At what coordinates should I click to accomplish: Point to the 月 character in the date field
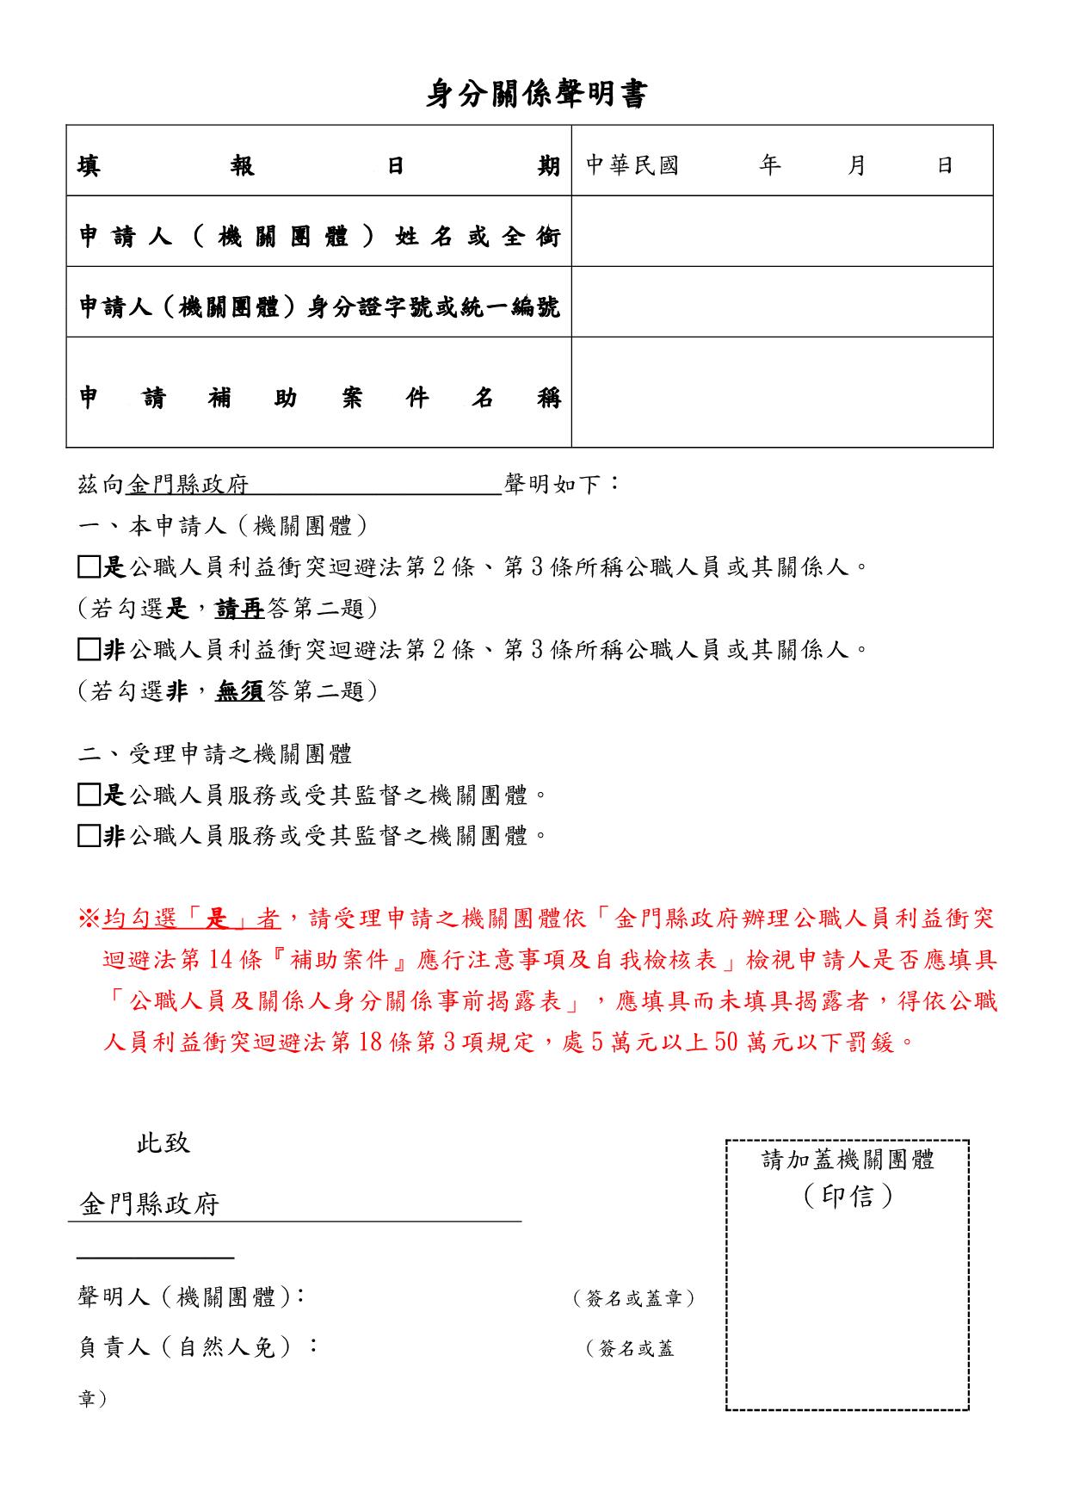pyautogui.click(x=855, y=164)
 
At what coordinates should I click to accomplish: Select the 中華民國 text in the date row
pyautogui.click(x=632, y=164)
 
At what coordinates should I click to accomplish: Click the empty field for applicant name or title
pyautogui.click(x=781, y=232)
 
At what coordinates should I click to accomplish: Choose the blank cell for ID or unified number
pyautogui.click(x=781, y=302)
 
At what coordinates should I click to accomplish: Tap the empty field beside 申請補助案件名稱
pyautogui.click(x=781, y=393)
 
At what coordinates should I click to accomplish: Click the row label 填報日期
pyautogui.click(x=318, y=164)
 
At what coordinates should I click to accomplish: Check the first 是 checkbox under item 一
pyautogui.click(x=89, y=567)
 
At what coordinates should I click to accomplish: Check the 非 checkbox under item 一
pyautogui.click(x=89, y=649)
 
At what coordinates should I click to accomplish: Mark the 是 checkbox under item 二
pyautogui.click(x=89, y=795)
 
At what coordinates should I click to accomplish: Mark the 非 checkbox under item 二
pyautogui.click(x=89, y=836)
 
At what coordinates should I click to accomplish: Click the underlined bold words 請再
pyautogui.click(x=240, y=609)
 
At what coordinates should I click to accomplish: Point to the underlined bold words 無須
pyautogui.click(x=240, y=690)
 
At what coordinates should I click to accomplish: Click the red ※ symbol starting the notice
pyautogui.click(x=89, y=919)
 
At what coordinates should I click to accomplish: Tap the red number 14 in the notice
pyautogui.click(x=216, y=960)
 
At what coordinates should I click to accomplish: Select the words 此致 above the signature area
pyautogui.click(x=163, y=1143)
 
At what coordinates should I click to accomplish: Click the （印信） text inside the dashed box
pyautogui.click(x=848, y=1196)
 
